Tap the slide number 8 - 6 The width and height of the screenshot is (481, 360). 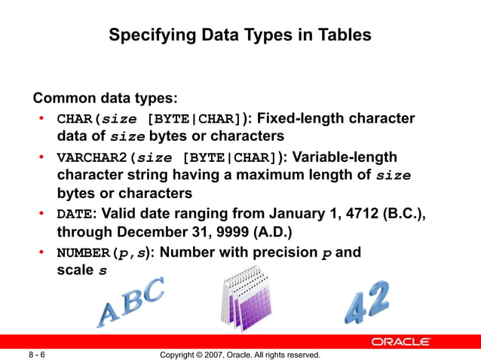coord(36,354)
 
